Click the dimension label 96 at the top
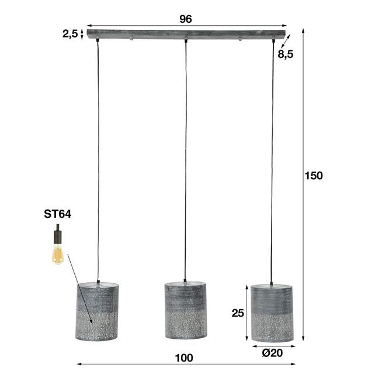(x=185, y=19)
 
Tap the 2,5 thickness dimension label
(x=70, y=34)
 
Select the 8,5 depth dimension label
(x=286, y=55)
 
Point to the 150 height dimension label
(x=314, y=176)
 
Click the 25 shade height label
(x=238, y=313)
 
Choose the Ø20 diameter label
(x=273, y=352)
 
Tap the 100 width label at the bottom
(x=185, y=357)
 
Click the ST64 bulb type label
(x=57, y=214)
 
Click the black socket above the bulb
(x=57, y=236)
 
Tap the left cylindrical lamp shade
(x=98, y=311)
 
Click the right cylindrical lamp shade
(x=273, y=313)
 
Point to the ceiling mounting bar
(x=185, y=34)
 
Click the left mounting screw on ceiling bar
(x=132, y=39)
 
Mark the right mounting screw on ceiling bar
(x=239, y=39)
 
